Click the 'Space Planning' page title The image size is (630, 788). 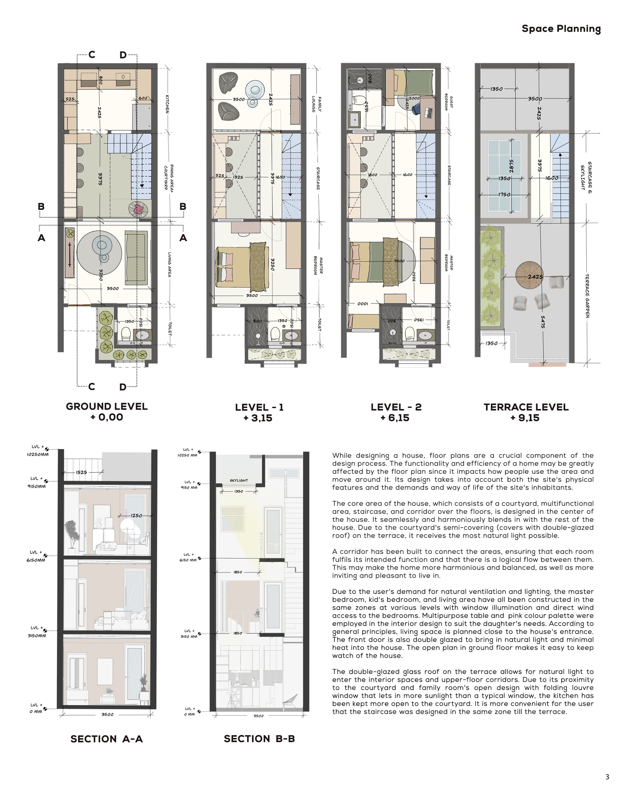[x=561, y=29]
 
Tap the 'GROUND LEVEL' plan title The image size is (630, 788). [x=107, y=406]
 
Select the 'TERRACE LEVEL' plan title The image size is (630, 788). [x=526, y=407]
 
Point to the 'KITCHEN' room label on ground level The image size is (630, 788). [x=167, y=104]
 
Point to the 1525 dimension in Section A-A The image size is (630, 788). [x=82, y=472]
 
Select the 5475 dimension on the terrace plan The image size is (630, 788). [x=543, y=322]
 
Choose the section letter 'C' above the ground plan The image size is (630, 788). [x=92, y=55]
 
